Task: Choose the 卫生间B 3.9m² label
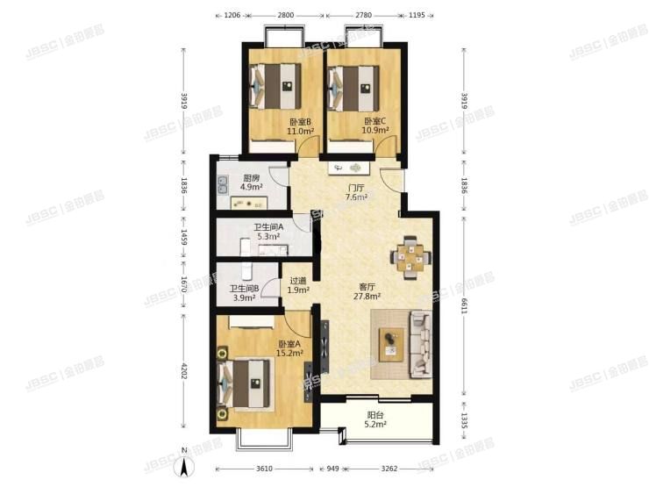click(x=243, y=293)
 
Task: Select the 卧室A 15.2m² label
click(x=290, y=348)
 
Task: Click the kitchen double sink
click(x=223, y=185)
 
